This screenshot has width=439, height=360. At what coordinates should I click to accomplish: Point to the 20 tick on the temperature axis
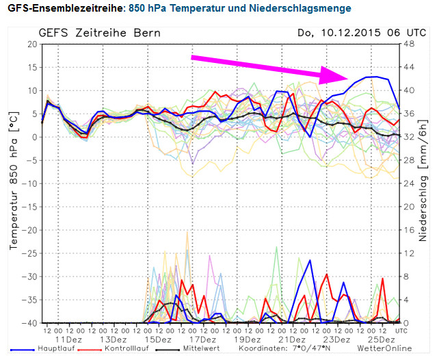coord(31,44)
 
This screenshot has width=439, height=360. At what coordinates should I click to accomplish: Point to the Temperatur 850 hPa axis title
coord(12,182)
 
